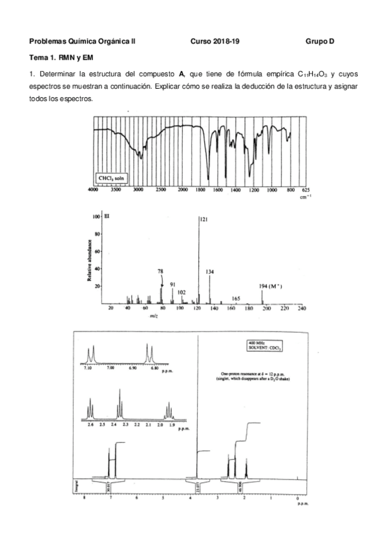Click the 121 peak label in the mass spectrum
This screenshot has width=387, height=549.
(x=204, y=220)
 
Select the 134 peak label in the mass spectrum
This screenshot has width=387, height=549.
(x=210, y=272)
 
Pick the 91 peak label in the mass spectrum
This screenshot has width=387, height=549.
(x=173, y=284)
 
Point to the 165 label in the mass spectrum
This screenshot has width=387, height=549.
(x=236, y=298)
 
